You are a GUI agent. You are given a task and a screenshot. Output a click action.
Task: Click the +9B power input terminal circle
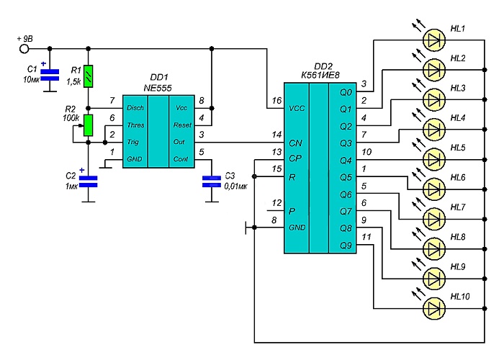[24, 49]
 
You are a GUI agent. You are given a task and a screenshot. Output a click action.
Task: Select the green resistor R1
[88, 76]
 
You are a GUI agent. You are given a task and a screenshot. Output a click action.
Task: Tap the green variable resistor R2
[88, 125]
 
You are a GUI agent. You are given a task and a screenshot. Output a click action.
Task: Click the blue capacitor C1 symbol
[50, 75]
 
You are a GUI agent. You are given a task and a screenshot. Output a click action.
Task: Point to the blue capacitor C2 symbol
[88, 181]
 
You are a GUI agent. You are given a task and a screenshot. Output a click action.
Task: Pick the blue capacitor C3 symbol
[212, 181]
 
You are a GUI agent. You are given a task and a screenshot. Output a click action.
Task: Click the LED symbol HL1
[434, 40]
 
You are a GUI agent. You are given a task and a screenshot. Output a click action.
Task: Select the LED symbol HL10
[434, 309]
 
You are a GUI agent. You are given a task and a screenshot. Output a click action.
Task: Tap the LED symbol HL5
[434, 159]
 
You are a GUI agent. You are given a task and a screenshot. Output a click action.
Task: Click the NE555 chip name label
[158, 88]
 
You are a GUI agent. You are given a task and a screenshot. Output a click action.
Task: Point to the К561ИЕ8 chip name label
[320, 75]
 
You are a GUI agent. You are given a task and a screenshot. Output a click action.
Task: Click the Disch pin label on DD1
[135, 108]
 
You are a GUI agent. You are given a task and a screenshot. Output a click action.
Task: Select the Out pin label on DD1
[179, 142]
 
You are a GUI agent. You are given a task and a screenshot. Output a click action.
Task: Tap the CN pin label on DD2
[295, 143]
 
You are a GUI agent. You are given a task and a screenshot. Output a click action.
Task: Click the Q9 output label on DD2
[346, 246]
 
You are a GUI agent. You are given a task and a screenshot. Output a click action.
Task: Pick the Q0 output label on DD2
[346, 93]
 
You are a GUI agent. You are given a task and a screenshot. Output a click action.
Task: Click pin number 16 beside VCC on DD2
[276, 101]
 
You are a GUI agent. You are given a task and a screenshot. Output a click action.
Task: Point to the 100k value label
[71, 118]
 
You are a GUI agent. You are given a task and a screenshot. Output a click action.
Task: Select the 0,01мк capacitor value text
[235, 186]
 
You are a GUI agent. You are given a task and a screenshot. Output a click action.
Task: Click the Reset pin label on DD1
[182, 125]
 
